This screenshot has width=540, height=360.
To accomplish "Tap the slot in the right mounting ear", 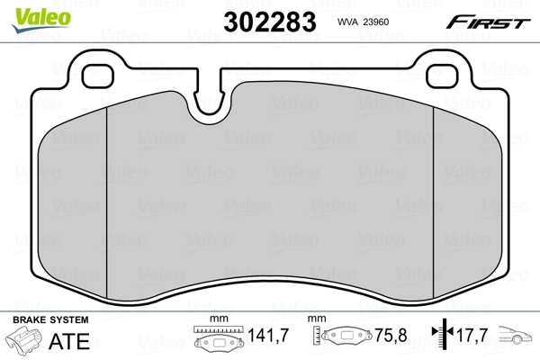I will [x=442, y=76].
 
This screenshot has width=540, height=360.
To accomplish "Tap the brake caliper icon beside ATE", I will [x=26, y=342].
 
